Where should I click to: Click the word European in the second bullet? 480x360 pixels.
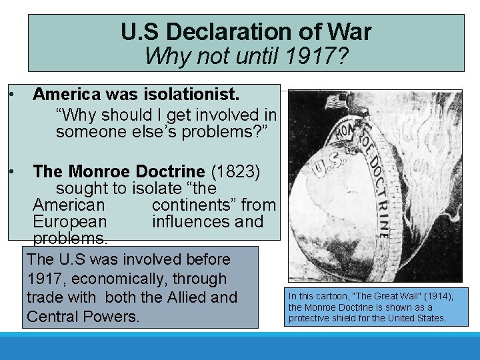coord(69,221)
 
